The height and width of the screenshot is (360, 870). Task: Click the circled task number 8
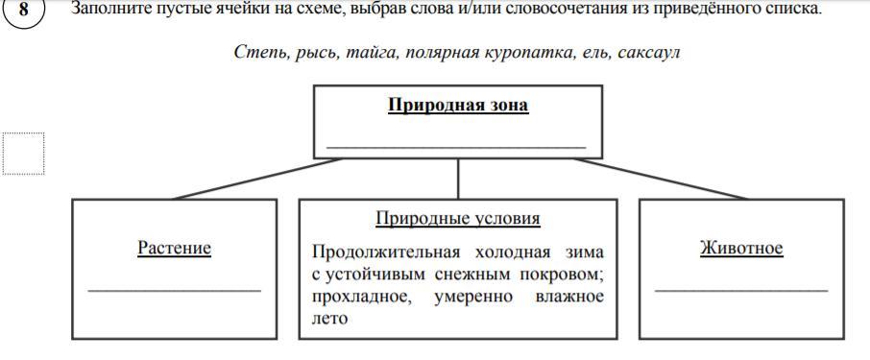point(23,12)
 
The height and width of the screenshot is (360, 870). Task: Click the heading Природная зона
point(458,105)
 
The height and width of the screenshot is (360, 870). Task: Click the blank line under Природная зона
point(456,148)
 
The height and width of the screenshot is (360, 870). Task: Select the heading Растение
point(174,248)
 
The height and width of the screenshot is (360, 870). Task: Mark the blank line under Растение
point(174,290)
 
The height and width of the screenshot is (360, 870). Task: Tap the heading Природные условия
point(458,219)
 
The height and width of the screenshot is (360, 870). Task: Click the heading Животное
point(741,248)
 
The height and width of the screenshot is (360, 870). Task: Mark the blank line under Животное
point(741,290)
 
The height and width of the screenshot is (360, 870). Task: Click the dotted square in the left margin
point(23,154)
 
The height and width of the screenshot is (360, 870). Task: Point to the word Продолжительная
point(386,252)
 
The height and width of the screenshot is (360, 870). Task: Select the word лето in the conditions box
point(329,319)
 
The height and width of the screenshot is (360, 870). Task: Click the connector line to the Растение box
point(258,179)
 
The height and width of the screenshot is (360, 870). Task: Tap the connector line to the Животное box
point(661,179)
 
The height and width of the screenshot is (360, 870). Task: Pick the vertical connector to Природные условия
point(458,179)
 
